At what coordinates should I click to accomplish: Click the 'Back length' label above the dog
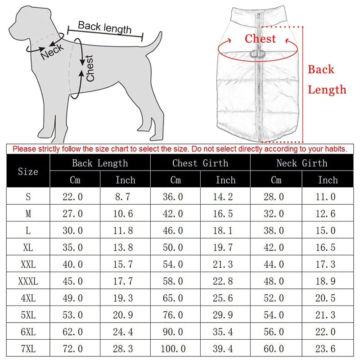coord(104,27)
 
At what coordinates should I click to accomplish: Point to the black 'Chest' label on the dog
coord(90,68)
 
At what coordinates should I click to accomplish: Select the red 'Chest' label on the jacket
coord(260,39)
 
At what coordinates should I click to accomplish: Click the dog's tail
coord(155,40)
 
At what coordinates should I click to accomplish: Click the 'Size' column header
coord(28,171)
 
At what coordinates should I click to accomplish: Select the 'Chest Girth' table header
coord(200,163)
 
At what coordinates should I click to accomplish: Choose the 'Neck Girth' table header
coord(301,163)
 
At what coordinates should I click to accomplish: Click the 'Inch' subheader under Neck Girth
coord(328,180)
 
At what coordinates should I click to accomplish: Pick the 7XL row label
coord(28,349)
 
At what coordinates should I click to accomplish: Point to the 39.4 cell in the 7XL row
coord(225,349)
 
